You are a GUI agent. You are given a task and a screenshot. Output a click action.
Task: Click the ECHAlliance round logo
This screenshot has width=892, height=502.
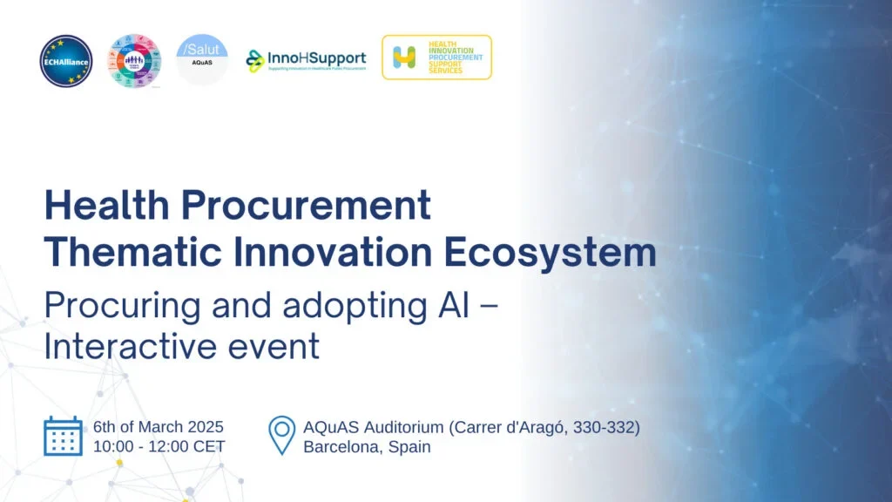coord(65,60)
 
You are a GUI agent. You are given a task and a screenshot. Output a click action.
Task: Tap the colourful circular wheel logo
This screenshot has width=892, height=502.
coord(134,60)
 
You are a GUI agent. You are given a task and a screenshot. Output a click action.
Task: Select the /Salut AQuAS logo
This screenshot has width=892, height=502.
coord(202,59)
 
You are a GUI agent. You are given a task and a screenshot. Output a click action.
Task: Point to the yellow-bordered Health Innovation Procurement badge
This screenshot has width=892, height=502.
coord(436,58)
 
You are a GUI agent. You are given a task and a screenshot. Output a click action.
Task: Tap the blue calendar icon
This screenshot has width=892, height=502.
coord(63,436)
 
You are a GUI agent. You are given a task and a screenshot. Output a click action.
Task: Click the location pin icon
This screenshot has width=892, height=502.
coord(281,436)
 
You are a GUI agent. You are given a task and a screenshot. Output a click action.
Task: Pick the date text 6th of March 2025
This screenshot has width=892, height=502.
coord(159,427)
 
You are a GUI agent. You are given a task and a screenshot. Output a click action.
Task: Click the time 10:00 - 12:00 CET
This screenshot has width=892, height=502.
coord(159,447)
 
